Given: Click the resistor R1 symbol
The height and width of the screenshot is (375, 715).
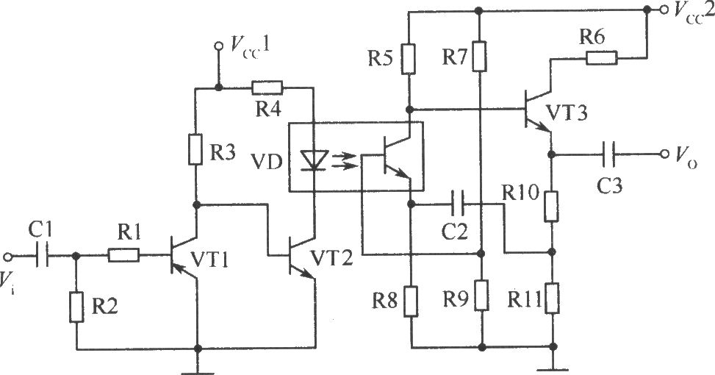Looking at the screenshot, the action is (123, 255).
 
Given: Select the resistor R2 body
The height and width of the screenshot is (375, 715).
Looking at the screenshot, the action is (76, 307).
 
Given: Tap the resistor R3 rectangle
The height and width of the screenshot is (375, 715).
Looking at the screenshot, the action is (195, 149).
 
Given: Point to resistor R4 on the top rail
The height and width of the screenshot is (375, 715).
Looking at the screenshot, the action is (267, 87).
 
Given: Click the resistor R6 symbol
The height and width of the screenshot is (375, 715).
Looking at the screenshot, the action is (601, 58).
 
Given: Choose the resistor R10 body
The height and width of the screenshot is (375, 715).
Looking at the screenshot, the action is (552, 207).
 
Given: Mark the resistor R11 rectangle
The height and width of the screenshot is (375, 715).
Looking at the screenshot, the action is (552, 298).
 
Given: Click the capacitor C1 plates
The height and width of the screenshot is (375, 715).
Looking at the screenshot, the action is (42, 256).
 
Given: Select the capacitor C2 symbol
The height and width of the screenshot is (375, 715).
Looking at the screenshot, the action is (458, 204).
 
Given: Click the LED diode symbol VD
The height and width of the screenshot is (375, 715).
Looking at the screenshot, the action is (315, 160).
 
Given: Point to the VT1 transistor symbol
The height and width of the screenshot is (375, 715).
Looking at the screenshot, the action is (182, 255).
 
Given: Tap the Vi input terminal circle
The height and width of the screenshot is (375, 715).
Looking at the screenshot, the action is (7, 257).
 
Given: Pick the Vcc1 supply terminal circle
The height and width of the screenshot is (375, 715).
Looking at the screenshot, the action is (219, 46).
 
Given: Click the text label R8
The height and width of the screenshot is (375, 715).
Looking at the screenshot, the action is (384, 301).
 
